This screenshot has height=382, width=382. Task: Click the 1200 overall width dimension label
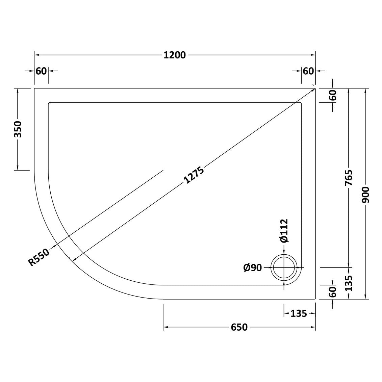click(175, 55)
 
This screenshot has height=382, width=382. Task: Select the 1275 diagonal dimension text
click(194, 175)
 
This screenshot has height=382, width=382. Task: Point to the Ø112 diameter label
click(284, 230)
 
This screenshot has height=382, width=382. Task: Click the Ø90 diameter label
click(252, 268)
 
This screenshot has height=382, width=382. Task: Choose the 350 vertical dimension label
click(18, 129)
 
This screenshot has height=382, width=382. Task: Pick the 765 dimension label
click(349, 177)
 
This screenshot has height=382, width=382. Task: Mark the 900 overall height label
click(366, 194)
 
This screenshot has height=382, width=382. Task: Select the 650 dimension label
click(239, 327)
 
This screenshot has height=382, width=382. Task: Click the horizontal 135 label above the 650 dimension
click(299, 314)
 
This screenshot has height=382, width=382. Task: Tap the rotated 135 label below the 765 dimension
click(349, 283)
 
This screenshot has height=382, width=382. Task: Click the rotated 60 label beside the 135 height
click(333, 291)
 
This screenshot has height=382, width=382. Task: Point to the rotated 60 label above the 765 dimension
click(333, 96)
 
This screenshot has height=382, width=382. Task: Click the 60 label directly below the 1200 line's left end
click(41, 71)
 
